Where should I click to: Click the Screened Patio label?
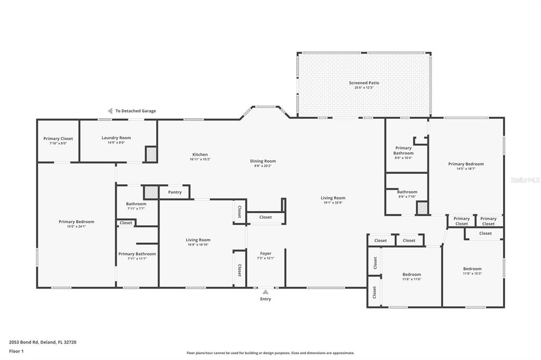(363, 83)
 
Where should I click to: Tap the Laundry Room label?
(116, 138)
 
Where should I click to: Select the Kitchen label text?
(200, 155)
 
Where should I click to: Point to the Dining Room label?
(263, 161)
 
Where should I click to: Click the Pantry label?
(175, 192)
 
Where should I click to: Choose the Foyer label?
(265, 253)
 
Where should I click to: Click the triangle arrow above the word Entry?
(265, 292)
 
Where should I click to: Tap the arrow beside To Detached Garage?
(110, 111)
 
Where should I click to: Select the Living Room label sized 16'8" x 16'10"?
(198, 240)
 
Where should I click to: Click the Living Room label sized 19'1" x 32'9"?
(333, 198)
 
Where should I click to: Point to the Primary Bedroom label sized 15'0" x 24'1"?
(76, 222)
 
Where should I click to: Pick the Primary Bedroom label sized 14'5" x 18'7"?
(465, 164)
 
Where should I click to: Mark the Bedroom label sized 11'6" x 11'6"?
(412, 274)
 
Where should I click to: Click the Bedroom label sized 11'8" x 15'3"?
(472, 269)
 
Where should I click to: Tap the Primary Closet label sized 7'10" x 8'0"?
(58, 139)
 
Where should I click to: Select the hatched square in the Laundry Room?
(151, 154)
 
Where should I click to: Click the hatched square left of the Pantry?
(151, 192)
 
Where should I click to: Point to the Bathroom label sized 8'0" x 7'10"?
(407, 192)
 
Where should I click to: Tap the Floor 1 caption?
(16, 351)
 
